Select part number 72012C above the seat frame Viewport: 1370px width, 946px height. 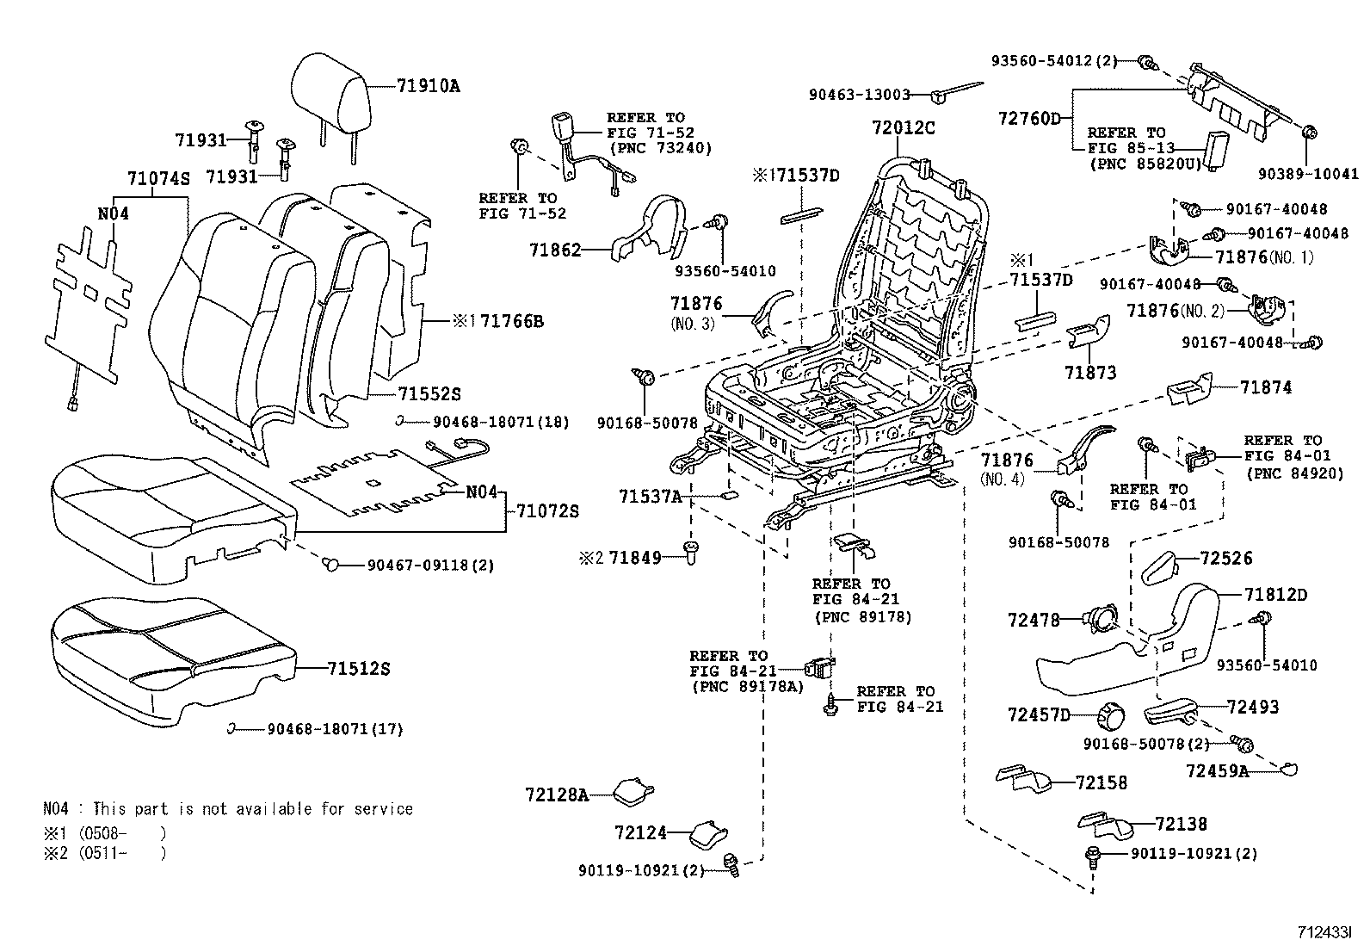coord(903,128)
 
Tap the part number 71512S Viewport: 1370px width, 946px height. coord(359,669)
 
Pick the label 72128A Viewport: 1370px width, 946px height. coord(556,795)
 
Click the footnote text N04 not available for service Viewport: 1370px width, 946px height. coord(227,809)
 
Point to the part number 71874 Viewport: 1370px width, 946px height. coord(1266,388)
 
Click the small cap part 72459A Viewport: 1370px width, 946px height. coord(1287,770)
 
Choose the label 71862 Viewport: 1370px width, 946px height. coord(555,250)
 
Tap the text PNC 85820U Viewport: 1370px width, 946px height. coord(1143,163)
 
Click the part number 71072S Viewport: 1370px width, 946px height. coord(547,511)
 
